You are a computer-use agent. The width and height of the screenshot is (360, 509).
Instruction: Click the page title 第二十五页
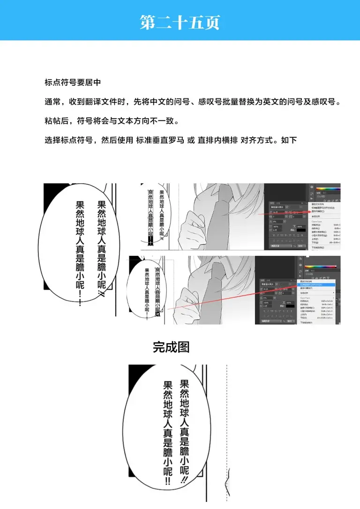pos(180,22)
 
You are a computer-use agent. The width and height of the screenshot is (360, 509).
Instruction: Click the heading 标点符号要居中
pos(73,82)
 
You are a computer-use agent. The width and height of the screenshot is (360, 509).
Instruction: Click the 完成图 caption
pos(171,347)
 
